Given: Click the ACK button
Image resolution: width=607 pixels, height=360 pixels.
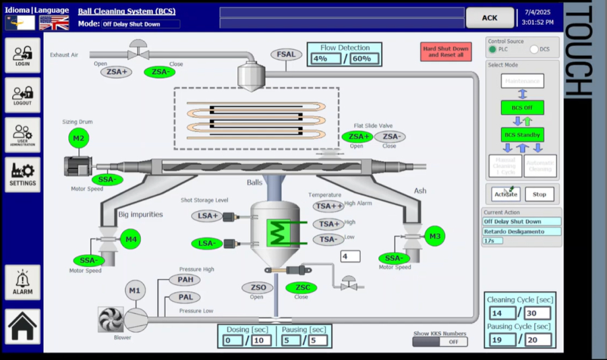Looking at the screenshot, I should click(490, 18).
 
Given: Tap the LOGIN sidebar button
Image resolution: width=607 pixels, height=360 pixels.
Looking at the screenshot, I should click(22, 55).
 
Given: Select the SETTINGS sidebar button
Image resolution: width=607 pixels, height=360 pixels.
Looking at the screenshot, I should click(22, 175).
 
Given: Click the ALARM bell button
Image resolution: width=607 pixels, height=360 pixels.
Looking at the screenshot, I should click(22, 282).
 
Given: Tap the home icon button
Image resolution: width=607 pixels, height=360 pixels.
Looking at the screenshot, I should click(22, 327).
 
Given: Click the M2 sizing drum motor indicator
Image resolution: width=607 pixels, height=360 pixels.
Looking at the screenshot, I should click(79, 139).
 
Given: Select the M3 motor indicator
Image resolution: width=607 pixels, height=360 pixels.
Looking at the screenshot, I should click(435, 236).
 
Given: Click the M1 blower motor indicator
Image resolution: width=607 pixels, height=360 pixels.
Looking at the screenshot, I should click(136, 291).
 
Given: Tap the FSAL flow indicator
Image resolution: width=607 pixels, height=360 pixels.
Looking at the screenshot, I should click(287, 55).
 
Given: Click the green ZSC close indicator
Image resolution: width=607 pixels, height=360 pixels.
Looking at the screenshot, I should click(301, 288).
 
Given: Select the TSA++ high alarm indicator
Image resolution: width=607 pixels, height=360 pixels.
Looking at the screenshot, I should click(328, 206).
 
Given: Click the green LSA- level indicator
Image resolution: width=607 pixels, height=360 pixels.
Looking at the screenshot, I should click(207, 243).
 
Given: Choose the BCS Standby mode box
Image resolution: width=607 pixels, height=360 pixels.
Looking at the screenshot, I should click(522, 135).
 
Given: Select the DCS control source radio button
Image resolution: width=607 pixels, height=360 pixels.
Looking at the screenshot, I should click(534, 49).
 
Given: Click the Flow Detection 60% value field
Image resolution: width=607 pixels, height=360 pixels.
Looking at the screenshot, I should click(361, 59).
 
